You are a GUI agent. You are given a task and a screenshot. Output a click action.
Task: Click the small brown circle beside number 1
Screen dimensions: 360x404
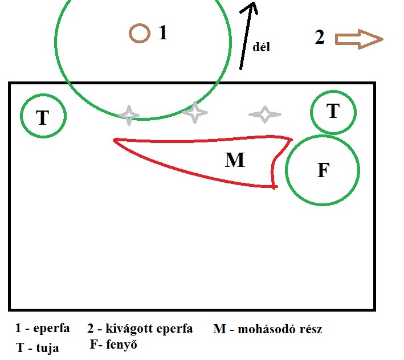[x=139, y=33]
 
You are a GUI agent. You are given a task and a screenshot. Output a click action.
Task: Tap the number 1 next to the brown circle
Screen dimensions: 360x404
[x=163, y=33]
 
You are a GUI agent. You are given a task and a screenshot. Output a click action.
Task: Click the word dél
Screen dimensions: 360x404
[x=261, y=47]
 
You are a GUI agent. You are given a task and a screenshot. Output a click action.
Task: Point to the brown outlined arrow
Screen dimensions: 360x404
[x=358, y=39]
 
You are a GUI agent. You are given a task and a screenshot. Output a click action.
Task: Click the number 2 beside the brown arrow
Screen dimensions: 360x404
[x=320, y=38]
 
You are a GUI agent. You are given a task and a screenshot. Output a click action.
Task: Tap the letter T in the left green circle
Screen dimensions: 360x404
[x=43, y=117]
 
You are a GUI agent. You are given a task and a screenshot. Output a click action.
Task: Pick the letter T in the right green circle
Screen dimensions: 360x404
[x=333, y=111]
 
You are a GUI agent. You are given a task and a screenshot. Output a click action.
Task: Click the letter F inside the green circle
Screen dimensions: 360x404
[x=323, y=170]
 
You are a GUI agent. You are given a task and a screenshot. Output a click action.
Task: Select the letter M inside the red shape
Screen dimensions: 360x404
[x=235, y=161]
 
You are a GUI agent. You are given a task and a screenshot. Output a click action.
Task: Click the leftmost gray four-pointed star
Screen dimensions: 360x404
[x=129, y=114]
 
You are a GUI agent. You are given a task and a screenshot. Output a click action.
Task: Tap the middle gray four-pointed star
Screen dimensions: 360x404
[x=195, y=112]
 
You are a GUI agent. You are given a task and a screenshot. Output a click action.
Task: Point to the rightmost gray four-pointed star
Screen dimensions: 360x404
[x=264, y=114]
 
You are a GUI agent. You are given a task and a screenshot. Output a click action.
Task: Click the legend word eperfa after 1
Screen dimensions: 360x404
[x=52, y=329]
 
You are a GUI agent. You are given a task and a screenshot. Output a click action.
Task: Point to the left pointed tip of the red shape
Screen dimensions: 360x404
[x=115, y=140]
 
